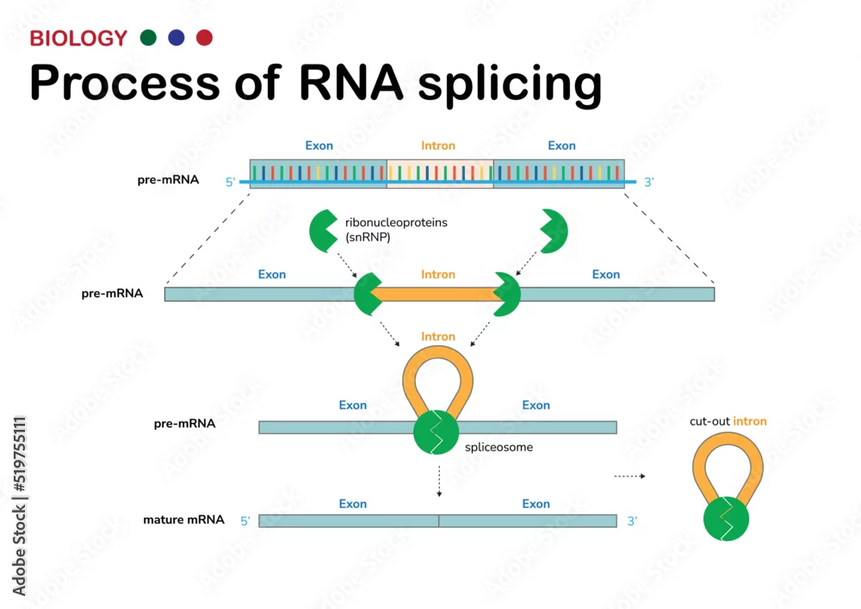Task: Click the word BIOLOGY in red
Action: point(78,39)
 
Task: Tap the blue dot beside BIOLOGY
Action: point(177,37)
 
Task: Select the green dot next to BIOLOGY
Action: point(148,37)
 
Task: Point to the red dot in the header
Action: point(204,37)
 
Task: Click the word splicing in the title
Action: point(510,84)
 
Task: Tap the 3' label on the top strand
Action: point(648,183)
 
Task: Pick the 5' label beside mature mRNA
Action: point(245,521)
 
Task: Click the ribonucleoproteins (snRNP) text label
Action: point(396,229)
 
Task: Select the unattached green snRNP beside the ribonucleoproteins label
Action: point(324,231)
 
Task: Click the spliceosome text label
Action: point(499,447)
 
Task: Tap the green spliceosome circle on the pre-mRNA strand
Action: point(436,432)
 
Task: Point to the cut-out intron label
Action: point(728,421)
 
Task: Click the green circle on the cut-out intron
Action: point(726,519)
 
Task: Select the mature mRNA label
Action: point(183,519)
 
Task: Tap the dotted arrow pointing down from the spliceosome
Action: point(439,481)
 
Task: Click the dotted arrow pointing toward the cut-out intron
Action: point(629,476)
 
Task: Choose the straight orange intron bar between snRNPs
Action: point(437,294)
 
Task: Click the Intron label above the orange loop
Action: point(437,336)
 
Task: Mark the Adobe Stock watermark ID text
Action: point(19,506)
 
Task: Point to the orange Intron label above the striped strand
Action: point(437,146)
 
